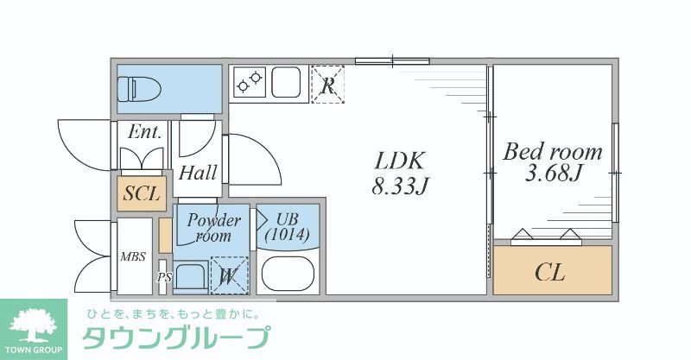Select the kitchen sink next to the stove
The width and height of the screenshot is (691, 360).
tap(289, 82)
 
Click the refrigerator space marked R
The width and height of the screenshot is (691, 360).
tap(327, 85)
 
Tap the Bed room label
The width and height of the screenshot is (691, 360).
tap(553, 152)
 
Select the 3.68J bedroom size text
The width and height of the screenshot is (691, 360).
tap(554, 174)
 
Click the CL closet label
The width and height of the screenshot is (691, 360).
tap(549, 273)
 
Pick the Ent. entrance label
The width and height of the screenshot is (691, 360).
tap(144, 132)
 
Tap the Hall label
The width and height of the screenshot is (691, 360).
tap(198, 173)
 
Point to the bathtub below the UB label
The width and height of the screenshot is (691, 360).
tap(289, 273)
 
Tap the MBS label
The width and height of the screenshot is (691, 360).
tap(133, 256)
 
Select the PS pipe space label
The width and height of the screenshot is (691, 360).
tap(164, 278)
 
